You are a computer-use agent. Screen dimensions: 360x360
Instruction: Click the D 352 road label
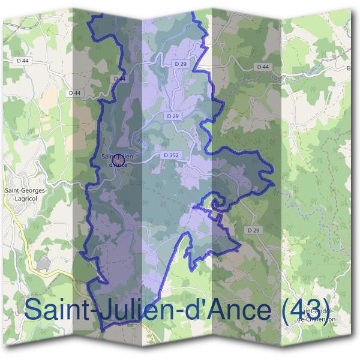coord(171,155)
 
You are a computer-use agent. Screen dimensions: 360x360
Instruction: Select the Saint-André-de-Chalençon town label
coord(318,315)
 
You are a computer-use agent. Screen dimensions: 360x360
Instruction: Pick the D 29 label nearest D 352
coord(173,115)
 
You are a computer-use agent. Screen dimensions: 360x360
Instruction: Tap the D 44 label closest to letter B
coord(262,67)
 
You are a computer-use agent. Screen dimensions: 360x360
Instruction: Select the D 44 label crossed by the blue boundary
coord(119,79)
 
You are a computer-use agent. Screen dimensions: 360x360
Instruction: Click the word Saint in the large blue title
coord(58,310)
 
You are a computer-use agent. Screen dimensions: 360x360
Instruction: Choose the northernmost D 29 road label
coord(181,63)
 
